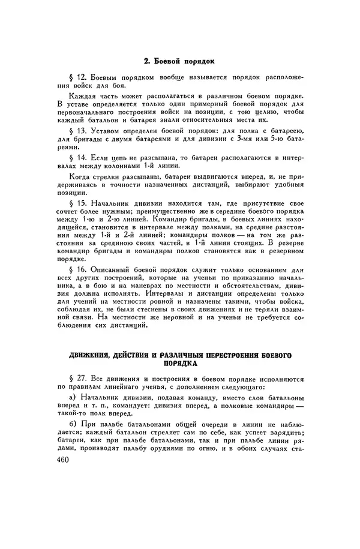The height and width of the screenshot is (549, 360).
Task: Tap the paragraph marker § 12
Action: coord(79,78)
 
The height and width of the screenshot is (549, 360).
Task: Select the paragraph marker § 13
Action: coord(79,130)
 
